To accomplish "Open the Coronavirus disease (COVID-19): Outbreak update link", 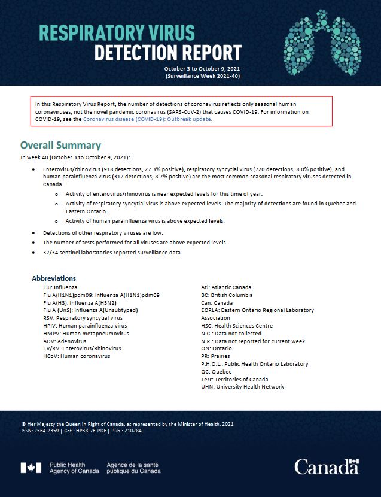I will (147, 119).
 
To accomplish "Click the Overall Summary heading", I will (60, 146).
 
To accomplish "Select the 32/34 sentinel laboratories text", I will (90, 253).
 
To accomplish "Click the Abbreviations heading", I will (54, 278).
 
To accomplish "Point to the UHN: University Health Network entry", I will (242, 387).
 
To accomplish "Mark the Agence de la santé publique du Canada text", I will (133, 468).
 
